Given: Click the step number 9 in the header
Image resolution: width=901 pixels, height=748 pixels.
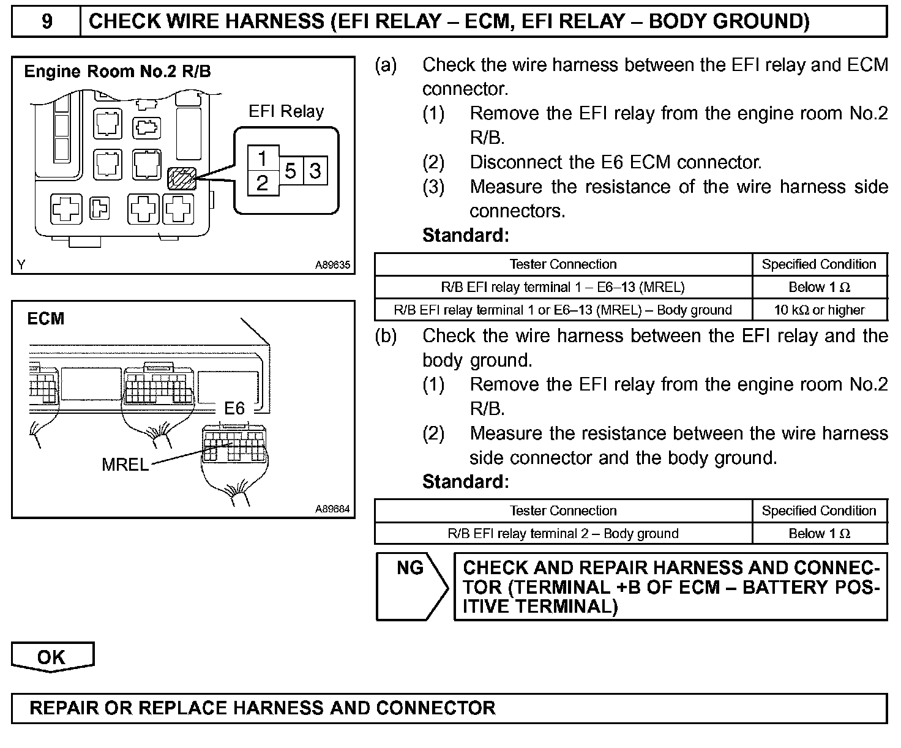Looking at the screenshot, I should pos(47,22).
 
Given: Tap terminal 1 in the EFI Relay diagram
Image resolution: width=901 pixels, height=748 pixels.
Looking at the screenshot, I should pos(263,159).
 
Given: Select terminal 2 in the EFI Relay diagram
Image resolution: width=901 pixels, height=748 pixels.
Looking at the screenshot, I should pos(263,182).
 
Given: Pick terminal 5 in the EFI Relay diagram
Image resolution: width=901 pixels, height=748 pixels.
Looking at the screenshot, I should pos(291,171).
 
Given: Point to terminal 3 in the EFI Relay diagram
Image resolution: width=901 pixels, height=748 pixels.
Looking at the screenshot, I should pos(315,171).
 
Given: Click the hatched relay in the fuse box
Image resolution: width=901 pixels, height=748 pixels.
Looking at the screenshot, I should pos(182,178).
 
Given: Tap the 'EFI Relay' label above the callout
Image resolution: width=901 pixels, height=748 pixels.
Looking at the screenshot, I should pos(286,111).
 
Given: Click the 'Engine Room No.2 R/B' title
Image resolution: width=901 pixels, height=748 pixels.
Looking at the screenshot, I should pos(118,72).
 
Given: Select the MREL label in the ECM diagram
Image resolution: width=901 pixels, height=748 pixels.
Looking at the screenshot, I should pos(125,465).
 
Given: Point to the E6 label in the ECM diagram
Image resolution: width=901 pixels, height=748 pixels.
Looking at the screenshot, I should pos(234,408).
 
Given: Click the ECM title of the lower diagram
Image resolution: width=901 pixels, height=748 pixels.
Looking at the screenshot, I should pos(46,319).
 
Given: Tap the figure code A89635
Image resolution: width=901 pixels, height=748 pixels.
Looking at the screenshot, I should pos(332,265).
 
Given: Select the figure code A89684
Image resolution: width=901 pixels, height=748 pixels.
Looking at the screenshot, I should pos(332,509).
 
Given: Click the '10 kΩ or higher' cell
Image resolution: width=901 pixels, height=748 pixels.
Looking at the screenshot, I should pos(819,310).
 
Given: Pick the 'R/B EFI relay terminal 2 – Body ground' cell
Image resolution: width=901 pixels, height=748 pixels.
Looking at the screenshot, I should pos(563,533).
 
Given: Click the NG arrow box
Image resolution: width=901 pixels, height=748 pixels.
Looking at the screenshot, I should pos(411,586).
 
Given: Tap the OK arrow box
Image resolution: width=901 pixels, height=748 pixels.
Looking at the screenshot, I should pos(52,657).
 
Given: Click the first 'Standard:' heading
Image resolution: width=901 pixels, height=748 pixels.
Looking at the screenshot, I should pos(465,235).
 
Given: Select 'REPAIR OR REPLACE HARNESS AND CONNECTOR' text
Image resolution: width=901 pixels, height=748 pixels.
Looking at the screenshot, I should pos(263,708).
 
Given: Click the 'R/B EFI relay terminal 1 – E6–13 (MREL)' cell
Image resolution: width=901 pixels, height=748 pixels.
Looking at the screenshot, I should pos(563,287).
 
